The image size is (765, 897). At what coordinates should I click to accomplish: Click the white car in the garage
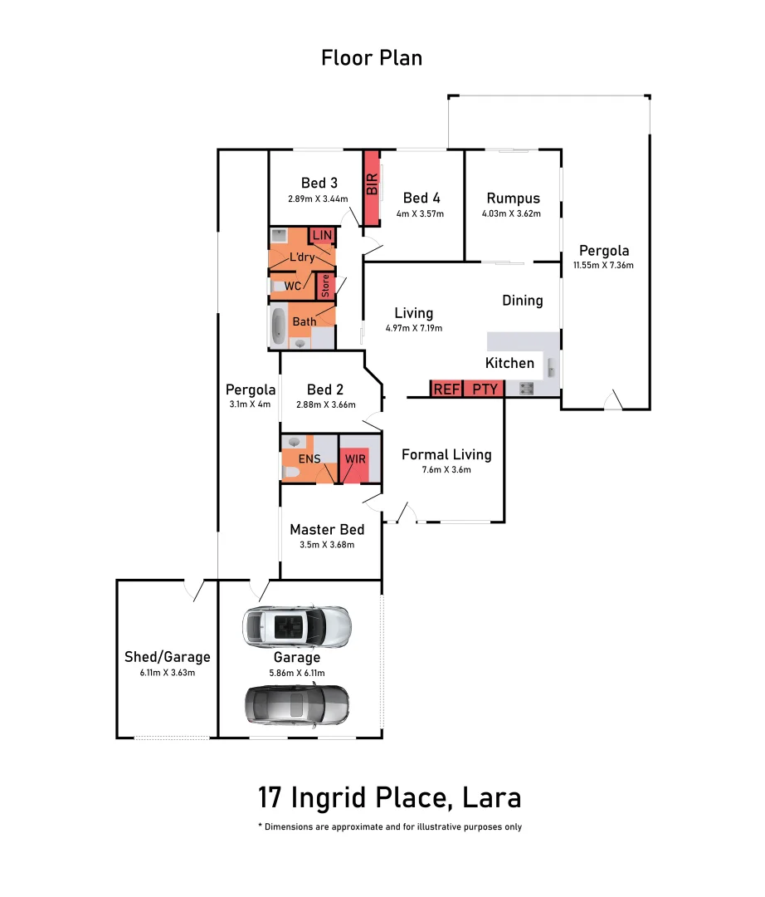[x=296, y=626]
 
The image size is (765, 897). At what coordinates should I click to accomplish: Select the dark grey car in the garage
[x=296, y=705]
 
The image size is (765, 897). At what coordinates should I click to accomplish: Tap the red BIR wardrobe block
[x=372, y=188]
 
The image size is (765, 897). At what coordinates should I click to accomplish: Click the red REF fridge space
[x=446, y=389]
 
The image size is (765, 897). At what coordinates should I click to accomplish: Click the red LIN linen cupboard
[x=322, y=236]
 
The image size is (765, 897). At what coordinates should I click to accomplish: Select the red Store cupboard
[x=325, y=287]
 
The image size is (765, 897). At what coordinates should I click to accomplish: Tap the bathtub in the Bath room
[x=277, y=326]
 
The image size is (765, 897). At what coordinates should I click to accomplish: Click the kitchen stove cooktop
[x=525, y=388]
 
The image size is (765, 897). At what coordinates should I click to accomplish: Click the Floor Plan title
[x=372, y=57]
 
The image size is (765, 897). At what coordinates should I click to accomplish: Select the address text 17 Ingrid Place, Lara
[x=389, y=797]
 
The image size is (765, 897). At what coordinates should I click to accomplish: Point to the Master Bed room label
[x=327, y=529]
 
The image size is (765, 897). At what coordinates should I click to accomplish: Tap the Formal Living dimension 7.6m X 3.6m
[x=446, y=470]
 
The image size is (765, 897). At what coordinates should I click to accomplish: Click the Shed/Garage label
[x=168, y=656]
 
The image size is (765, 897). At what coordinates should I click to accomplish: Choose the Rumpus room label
[x=513, y=198]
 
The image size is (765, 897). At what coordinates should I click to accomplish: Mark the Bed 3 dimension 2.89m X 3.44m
[x=318, y=199]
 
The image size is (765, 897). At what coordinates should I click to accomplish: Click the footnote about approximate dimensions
[x=389, y=826]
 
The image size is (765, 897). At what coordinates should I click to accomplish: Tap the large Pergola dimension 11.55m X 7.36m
[x=603, y=266]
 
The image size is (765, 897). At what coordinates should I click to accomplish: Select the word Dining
[x=523, y=301]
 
